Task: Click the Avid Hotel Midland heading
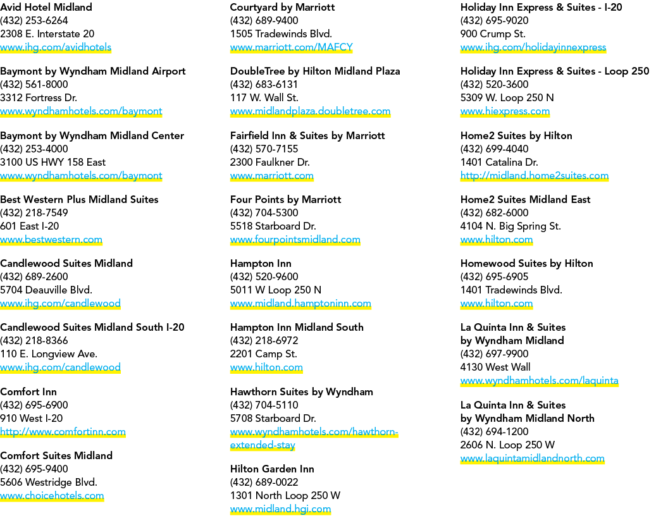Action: click(46, 7)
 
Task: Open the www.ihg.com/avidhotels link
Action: click(56, 47)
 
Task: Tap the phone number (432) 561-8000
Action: click(34, 84)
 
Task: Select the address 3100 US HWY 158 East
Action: click(53, 162)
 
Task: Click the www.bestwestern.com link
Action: click(51, 240)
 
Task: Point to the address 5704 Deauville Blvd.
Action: click(46, 290)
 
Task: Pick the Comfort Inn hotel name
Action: click(28, 392)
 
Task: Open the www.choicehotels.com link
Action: click(52, 495)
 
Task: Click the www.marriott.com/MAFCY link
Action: click(292, 47)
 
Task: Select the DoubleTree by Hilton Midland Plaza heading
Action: click(315, 71)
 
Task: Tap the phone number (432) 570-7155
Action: click(264, 149)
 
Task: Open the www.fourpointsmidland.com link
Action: click(295, 240)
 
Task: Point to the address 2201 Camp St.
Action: click(264, 354)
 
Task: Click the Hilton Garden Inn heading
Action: click(272, 469)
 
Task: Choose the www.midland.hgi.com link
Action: click(280, 509)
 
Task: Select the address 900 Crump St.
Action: click(493, 34)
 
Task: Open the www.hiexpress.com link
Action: click(505, 111)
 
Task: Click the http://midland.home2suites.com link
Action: click(535, 175)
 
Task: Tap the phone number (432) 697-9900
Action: click(494, 354)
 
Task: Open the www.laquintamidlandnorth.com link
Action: click(533, 459)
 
